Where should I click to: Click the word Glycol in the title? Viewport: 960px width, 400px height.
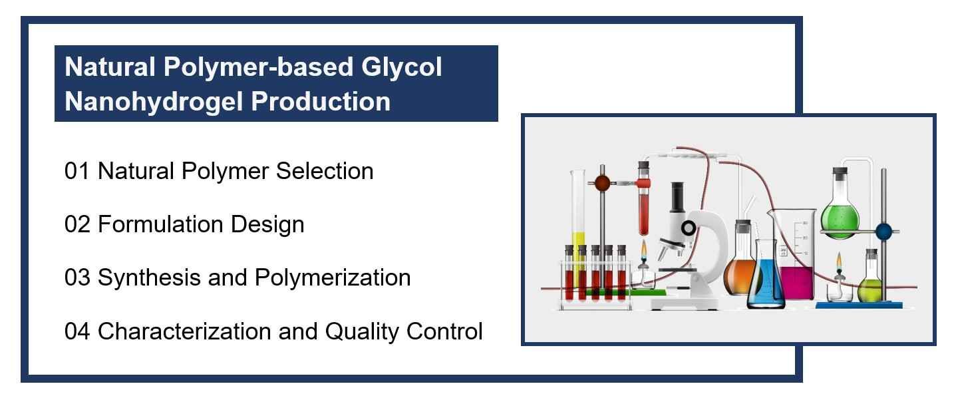[x=401, y=68]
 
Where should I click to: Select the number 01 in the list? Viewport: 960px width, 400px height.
[x=77, y=171]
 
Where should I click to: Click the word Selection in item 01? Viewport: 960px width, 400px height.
[x=325, y=171]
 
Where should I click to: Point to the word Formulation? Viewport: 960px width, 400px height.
[x=161, y=224]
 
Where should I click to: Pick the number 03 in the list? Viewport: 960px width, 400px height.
[x=77, y=278]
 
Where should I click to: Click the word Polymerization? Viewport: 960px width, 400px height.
[x=333, y=278]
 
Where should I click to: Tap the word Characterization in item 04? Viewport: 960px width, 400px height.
[x=184, y=331]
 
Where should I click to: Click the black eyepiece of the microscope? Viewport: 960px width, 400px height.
[x=677, y=196]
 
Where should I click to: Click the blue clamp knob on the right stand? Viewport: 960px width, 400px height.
[x=883, y=232]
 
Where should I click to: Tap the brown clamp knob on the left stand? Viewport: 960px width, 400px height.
[x=602, y=183]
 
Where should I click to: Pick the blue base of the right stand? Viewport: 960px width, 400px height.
[x=858, y=305]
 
